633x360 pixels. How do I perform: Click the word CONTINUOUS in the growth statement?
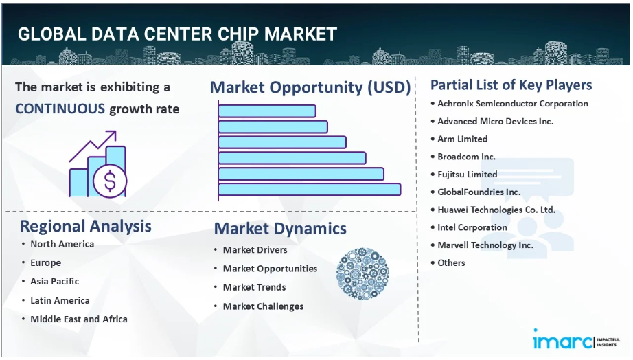pyautogui.click(x=60, y=109)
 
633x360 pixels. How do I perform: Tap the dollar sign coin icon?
pyautogui.click(x=110, y=181)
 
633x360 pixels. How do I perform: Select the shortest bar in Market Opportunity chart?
pyautogui.click(x=267, y=111)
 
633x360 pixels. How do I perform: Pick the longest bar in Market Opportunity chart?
pyautogui.click(x=310, y=190)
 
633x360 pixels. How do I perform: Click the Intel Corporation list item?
pyautogui.click(x=472, y=227)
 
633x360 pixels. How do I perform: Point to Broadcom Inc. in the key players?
pyautogui.click(x=466, y=157)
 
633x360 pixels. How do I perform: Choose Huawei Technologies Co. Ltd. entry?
pyautogui.click(x=496, y=210)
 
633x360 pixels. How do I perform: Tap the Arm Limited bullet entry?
pyautogui.click(x=462, y=139)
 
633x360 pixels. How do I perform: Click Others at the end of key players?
pyautogui.click(x=451, y=262)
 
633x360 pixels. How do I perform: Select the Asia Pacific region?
pyautogui.click(x=54, y=281)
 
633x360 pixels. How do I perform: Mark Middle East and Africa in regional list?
pyautogui.click(x=79, y=319)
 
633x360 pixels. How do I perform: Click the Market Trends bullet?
pyautogui.click(x=254, y=287)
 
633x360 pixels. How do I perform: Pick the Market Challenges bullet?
pyautogui.click(x=263, y=306)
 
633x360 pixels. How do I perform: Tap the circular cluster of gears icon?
pyautogui.click(x=362, y=273)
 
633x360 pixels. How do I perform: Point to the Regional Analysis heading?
pyautogui.click(x=86, y=226)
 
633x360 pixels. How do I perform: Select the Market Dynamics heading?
pyautogui.click(x=280, y=229)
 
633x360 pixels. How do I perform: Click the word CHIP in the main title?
pyautogui.click(x=238, y=34)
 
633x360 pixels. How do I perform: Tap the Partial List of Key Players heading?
pyautogui.click(x=511, y=85)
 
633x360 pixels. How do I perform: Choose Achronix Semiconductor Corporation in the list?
pyautogui.click(x=513, y=104)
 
